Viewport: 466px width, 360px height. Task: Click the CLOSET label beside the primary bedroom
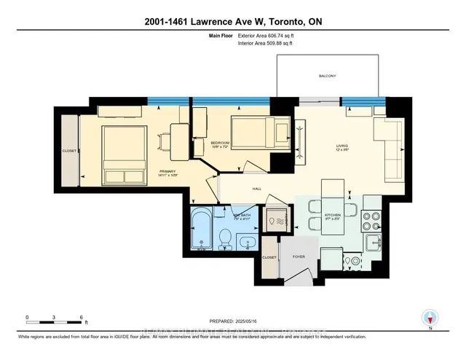(69, 152)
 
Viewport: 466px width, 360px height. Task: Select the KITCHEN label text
(332, 216)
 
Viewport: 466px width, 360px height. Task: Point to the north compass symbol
(429, 318)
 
